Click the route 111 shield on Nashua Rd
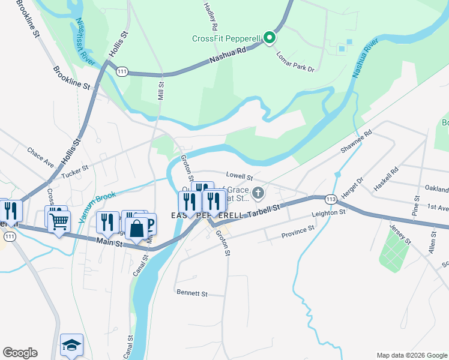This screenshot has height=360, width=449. coord(122,71)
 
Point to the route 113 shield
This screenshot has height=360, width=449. coord(330,199)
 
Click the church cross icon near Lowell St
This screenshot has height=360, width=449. coord(258,193)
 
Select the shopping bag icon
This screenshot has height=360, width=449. coord(137,229)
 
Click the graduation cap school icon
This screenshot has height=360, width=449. coord(71,345)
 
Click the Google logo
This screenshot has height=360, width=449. coord(20,353)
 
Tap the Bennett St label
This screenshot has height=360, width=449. coord(191,294)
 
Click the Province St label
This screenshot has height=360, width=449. coord(298,232)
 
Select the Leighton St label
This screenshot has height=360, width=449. coord(328,213)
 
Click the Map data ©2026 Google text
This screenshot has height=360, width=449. coord(411,355)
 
